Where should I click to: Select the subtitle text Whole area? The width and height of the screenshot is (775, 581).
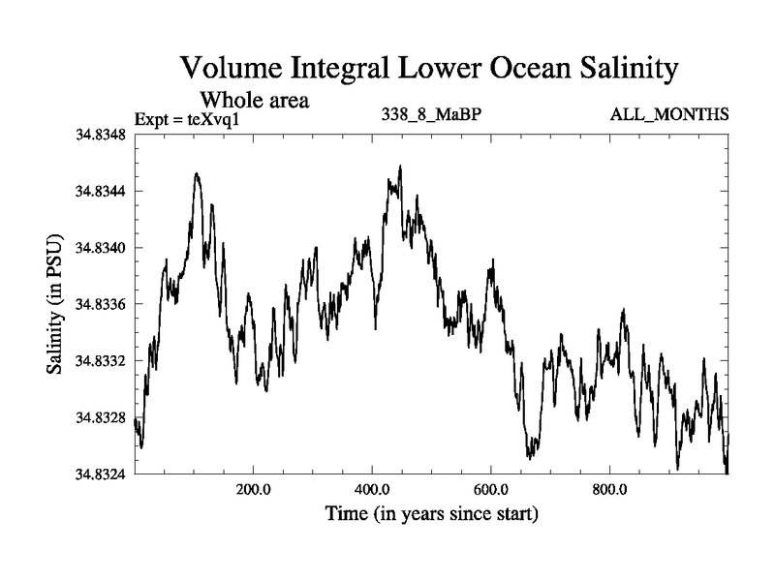254,100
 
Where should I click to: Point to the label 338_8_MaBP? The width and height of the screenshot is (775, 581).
432,116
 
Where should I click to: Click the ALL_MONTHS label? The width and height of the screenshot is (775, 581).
668,116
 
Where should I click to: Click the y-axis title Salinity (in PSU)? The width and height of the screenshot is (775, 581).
56,304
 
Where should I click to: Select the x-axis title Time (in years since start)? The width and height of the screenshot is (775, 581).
431,513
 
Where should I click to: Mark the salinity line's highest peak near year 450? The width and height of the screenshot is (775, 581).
400,166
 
